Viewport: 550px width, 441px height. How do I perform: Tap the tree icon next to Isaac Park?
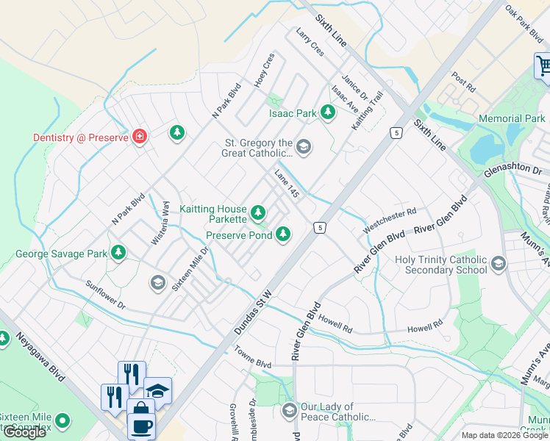tap(328, 113)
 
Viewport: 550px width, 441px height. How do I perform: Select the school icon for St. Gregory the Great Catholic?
tap(304, 148)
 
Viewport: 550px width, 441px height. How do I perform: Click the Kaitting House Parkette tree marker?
tap(257, 213)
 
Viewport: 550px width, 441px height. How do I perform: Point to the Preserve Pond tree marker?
tap(282, 235)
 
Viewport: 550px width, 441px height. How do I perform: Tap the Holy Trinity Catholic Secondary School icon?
tap(499, 264)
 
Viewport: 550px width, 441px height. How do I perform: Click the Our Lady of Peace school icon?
tap(289, 410)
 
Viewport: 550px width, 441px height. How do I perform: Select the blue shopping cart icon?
tap(543, 66)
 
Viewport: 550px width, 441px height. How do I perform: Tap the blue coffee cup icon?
tap(140, 426)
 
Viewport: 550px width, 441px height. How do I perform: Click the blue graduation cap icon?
tap(157, 390)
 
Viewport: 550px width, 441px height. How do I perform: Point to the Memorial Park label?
tap(512, 118)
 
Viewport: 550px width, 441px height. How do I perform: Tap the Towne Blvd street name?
tap(254, 363)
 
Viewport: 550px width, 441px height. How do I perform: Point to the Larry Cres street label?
tap(309, 43)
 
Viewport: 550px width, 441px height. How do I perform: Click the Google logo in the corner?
tap(24, 432)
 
